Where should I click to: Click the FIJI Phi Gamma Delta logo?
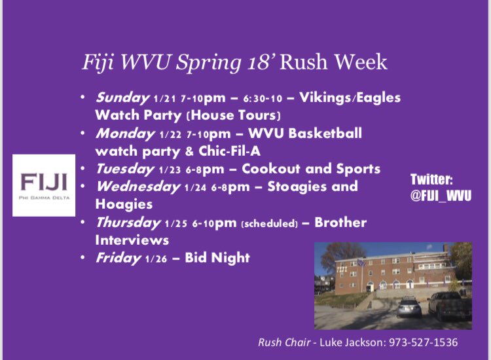coord(45,185)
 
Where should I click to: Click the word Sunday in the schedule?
coord(122,98)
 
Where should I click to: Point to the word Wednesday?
coord(137,187)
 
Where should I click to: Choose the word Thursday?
coord(128,223)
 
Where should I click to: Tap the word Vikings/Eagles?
coord(357,98)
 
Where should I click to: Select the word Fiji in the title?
coord(97,63)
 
